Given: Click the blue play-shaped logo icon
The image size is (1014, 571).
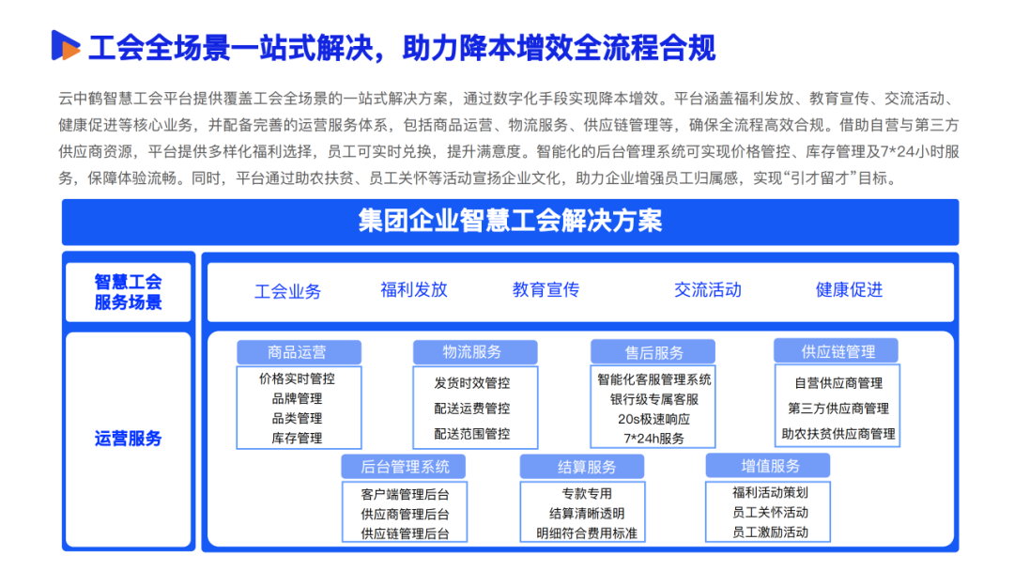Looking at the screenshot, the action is click(65, 45).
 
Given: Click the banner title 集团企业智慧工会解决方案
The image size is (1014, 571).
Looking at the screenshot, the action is click(510, 222).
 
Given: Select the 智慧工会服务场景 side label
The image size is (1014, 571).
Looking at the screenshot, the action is click(129, 291).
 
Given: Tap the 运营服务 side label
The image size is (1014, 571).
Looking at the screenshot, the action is click(129, 439).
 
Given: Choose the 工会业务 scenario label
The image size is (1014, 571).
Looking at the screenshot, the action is click(287, 291).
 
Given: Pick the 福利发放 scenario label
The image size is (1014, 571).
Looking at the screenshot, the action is click(414, 289).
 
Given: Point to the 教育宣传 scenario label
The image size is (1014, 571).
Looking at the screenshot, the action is click(545, 289).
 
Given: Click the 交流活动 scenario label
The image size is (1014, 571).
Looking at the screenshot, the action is click(707, 289).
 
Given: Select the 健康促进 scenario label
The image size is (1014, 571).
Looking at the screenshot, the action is click(849, 289).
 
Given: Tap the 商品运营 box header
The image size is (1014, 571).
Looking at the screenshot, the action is click(298, 352).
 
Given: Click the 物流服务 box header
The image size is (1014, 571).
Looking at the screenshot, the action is click(473, 352).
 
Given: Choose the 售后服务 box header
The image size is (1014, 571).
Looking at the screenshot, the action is click(654, 353).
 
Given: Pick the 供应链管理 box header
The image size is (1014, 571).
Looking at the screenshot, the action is click(837, 351).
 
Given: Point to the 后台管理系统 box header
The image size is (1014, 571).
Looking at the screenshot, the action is click(405, 466).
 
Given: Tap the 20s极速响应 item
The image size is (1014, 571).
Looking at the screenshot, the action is click(654, 419).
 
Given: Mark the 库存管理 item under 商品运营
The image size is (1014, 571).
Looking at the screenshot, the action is click(297, 438).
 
